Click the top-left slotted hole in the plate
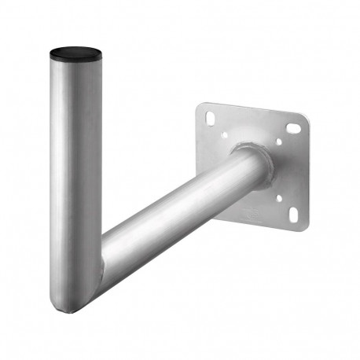[209, 119]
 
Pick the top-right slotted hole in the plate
[295, 127]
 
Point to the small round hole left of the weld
[225, 135]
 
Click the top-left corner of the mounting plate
[199, 105]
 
